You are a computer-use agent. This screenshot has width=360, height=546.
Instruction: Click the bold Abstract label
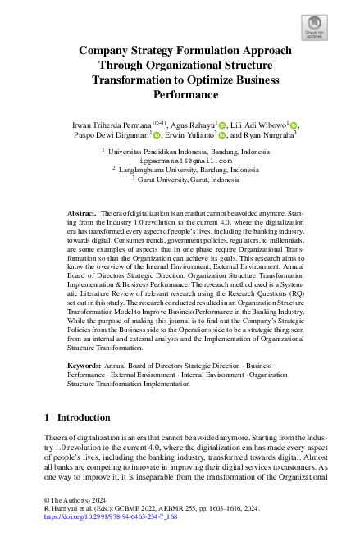(x=82, y=212)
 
